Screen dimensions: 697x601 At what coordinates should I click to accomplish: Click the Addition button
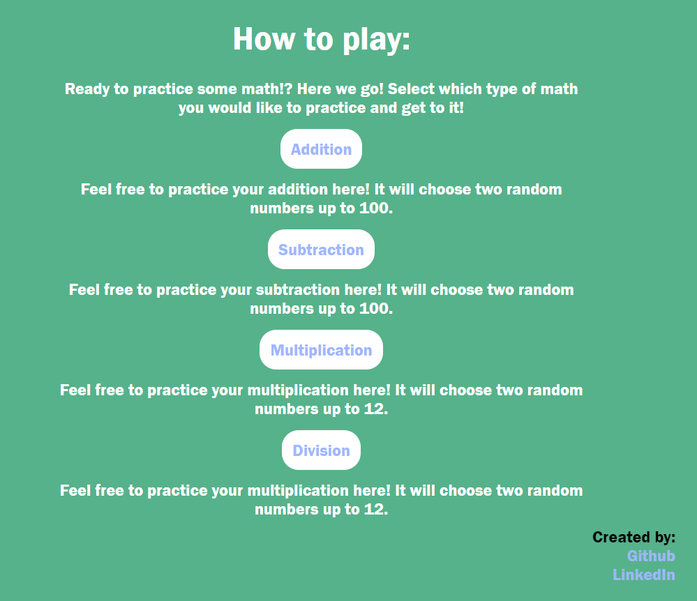(321, 149)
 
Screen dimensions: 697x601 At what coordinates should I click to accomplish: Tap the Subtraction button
(321, 249)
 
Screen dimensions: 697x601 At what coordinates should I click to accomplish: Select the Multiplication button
(321, 349)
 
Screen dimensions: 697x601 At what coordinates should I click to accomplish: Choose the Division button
(321, 450)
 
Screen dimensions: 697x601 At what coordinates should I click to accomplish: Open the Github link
(651, 556)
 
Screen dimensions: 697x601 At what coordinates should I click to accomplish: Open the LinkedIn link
(644, 575)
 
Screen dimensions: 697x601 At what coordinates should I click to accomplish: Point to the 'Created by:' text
(634, 537)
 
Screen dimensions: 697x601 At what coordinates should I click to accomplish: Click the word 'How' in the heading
(264, 39)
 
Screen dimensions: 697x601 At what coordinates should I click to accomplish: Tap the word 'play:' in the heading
(376, 40)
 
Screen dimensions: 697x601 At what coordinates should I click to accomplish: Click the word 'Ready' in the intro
(87, 89)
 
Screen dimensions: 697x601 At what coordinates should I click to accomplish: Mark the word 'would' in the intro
(230, 107)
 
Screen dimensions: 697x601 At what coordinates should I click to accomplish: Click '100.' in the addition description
(376, 208)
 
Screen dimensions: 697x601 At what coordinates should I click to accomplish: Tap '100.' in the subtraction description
(376, 308)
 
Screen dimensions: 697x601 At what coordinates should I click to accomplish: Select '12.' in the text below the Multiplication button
(376, 409)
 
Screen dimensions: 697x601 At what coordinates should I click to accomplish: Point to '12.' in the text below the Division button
(376, 509)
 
